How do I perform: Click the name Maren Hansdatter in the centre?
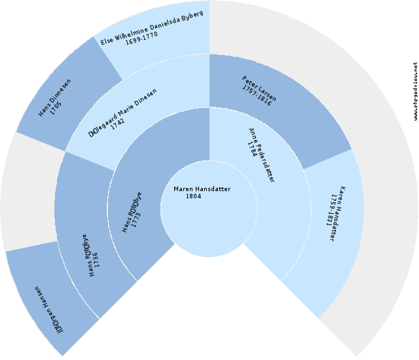[x=202, y=189]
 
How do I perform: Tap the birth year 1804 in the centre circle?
[x=193, y=196]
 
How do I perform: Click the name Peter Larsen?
[x=259, y=89]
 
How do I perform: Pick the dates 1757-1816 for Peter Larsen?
[x=255, y=96]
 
